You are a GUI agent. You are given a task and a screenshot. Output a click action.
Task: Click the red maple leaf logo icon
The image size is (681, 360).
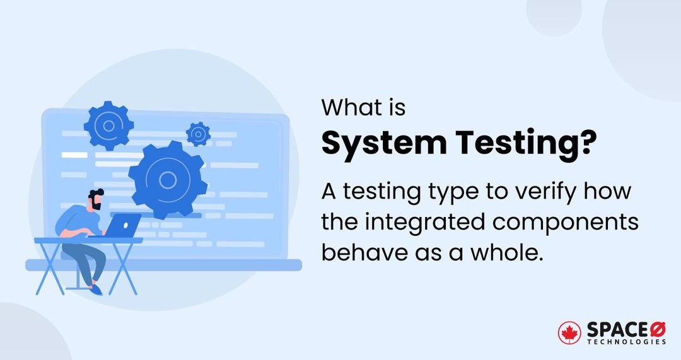click(x=569, y=334)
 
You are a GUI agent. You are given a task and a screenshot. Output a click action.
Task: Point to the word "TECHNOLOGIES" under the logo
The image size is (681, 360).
click(x=626, y=342)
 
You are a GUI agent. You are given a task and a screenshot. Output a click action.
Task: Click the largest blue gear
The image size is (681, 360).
click(x=166, y=180)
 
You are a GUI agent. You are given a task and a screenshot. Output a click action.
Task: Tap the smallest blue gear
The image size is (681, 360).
click(x=198, y=134)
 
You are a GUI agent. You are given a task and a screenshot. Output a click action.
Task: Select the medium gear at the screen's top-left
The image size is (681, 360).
click(x=108, y=125)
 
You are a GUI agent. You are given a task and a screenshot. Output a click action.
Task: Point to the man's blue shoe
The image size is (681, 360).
click(x=95, y=289)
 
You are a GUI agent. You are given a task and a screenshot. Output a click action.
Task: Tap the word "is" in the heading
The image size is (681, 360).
click(x=394, y=108)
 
